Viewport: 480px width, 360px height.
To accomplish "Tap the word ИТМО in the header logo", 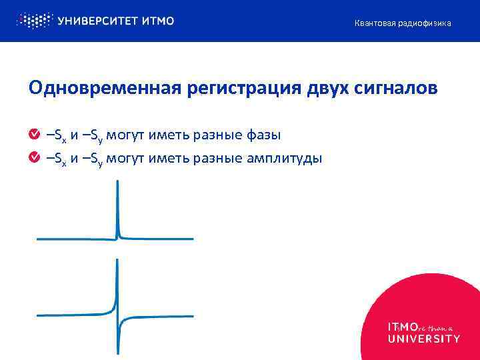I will pyautogui.click(x=158, y=21).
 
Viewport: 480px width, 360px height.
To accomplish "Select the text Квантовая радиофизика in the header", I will pyautogui.click(x=402, y=23).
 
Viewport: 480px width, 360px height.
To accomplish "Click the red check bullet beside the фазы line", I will pyautogui.click(x=34, y=135).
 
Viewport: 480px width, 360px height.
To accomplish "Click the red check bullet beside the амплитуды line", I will pyautogui.click(x=34, y=158).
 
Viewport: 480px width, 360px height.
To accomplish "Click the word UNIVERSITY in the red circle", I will pyautogui.click(x=423, y=338).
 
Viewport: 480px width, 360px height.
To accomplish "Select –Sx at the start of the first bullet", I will pyautogui.click(x=56, y=136).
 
